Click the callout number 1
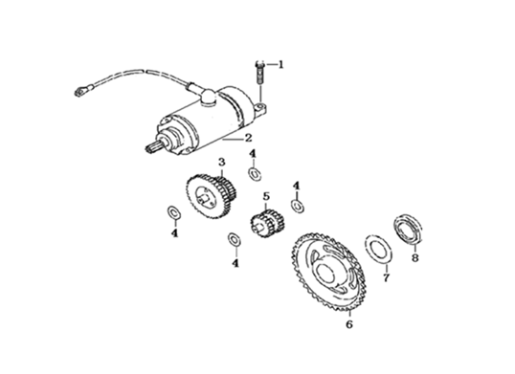[x=280, y=65]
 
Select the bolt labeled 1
[x=259, y=73]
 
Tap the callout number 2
[x=248, y=138]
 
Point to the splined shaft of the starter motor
[x=154, y=145]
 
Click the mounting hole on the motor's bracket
[x=261, y=106]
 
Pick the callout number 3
[x=222, y=162]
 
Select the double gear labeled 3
[x=212, y=197]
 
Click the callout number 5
[x=266, y=197]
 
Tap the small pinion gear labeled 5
[x=267, y=223]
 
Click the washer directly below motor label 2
[x=255, y=174]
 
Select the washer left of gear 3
[x=174, y=212]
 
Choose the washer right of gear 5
[x=298, y=206]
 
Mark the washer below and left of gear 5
[x=235, y=239]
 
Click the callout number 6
[x=349, y=324]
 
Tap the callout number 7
[x=387, y=277]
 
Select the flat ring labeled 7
[x=378, y=249]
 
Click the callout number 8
[x=415, y=258]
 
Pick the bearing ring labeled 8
[x=408, y=229]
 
